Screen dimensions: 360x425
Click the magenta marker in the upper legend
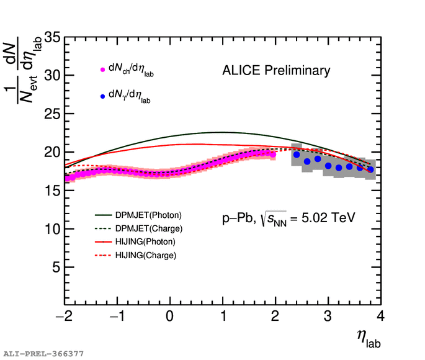pos(103,70)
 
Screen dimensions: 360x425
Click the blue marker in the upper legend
pos(103,96)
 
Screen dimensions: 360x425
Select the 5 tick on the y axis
pos(55,268)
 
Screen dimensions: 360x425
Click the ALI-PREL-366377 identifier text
pos(43,354)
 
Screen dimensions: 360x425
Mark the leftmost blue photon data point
pos(297,155)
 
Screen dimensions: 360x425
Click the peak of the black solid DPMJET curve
pos(222,132)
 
